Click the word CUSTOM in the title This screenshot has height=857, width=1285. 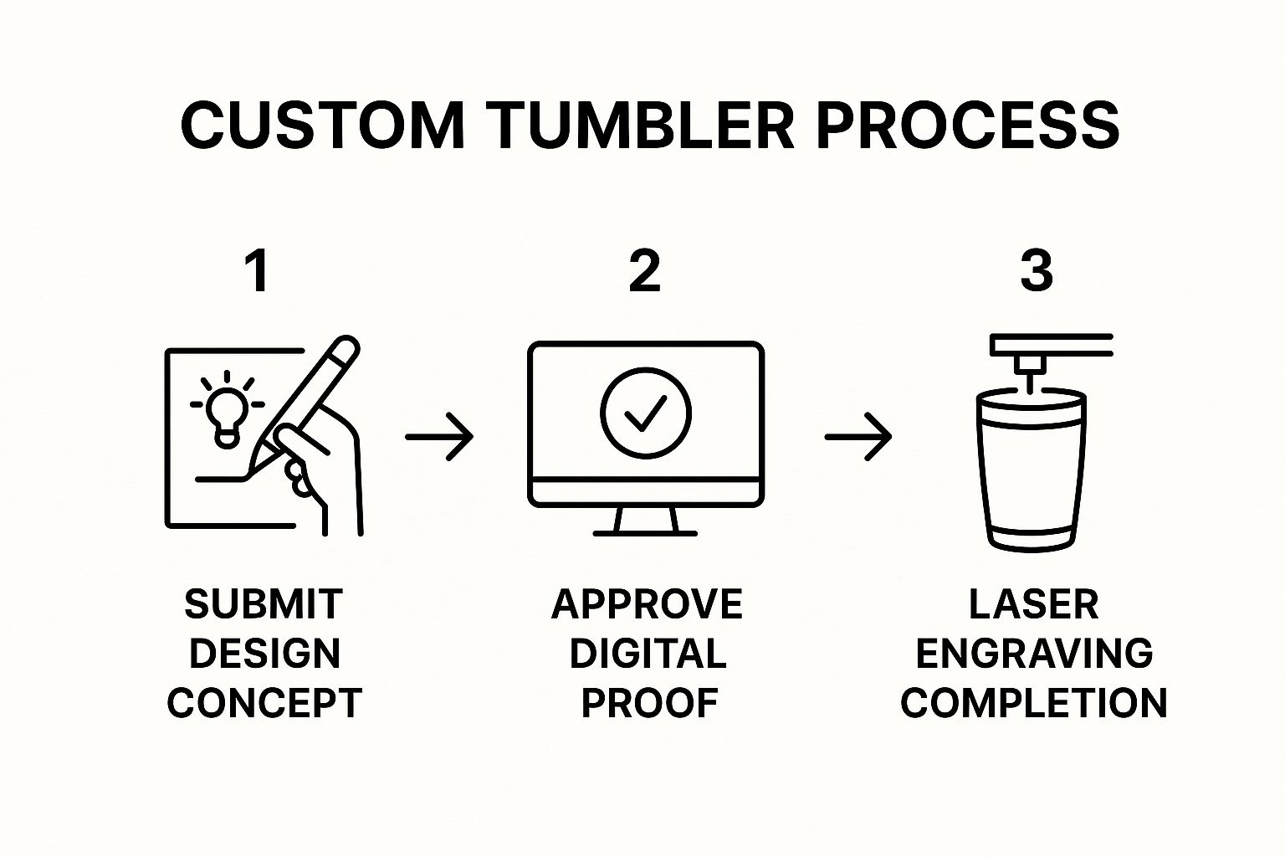coord(322,126)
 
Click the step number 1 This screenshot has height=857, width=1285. coord(258,272)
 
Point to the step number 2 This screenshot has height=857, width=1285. coord(644,272)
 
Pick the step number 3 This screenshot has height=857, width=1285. coord(1036,272)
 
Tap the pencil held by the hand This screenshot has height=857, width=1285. coord(314,393)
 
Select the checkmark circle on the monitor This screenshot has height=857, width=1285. coord(645,412)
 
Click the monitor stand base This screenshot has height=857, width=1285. coord(645,531)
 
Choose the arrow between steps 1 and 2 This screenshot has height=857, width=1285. coord(439,437)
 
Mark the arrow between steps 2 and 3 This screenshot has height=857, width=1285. coord(858,437)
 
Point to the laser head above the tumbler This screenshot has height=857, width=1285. coord(1031,365)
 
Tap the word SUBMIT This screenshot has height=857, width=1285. coord(264,604)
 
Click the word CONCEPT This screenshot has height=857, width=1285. coord(264,703)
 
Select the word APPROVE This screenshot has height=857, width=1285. coord(647,604)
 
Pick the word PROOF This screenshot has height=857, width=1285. coord(649,703)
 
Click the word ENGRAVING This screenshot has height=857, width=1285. coord(1034,654)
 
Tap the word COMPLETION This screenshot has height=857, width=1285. coord(1034,703)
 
